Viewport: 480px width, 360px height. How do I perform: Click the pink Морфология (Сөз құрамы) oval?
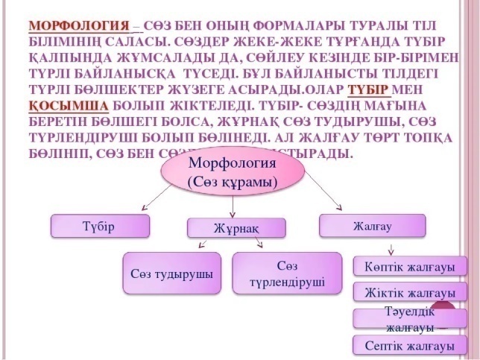[233, 173]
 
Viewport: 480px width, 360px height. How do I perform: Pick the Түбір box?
[100, 225]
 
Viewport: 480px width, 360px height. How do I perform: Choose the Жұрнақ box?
[236, 228]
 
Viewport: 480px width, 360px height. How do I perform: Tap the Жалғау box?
[372, 225]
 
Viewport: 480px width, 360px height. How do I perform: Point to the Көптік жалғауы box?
[409, 266]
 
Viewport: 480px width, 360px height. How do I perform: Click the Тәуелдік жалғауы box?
[409, 318]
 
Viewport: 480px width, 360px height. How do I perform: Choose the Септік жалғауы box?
[409, 345]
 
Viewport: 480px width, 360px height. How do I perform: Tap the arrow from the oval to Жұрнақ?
[234, 206]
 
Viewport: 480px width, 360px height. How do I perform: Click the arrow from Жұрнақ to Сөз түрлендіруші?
[257, 244]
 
